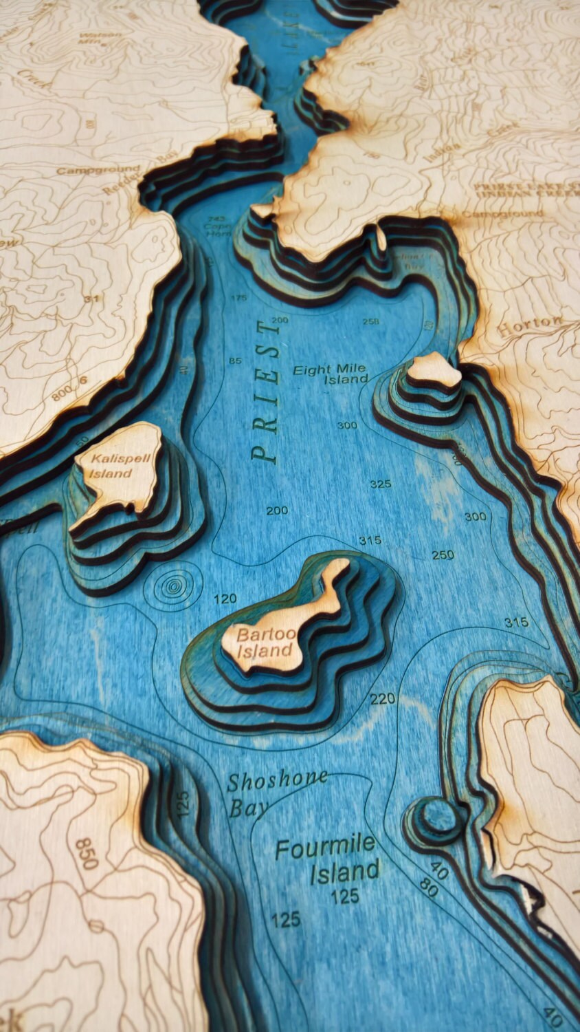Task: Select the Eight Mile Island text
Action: click(x=331, y=374)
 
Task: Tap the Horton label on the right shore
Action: click(x=529, y=325)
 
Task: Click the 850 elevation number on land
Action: click(x=88, y=853)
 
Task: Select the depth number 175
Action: click(x=239, y=298)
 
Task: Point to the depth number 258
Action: click(x=370, y=321)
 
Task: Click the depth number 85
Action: click(x=235, y=361)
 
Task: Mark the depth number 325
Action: click(x=380, y=484)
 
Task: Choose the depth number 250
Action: click(x=443, y=555)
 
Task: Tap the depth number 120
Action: click(x=225, y=599)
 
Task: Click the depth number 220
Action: click(x=383, y=699)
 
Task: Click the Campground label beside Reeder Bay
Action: click(x=88, y=170)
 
